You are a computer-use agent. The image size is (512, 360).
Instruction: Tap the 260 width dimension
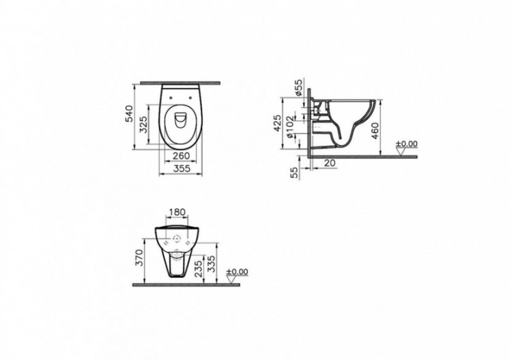(x=181, y=155)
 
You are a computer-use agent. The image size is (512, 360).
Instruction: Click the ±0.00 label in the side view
(x=407, y=144)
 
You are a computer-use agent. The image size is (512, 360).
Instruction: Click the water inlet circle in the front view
(x=177, y=240)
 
